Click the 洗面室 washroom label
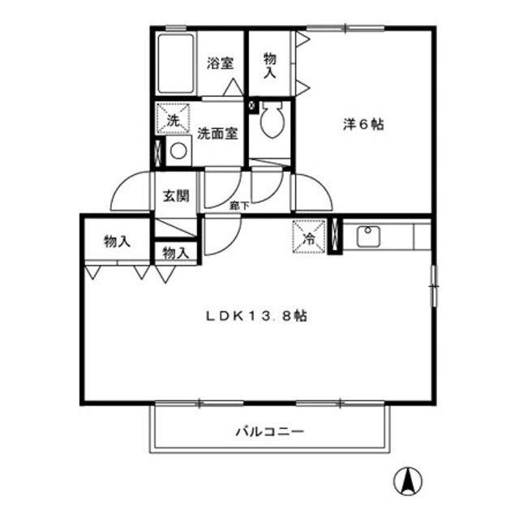(217, 133)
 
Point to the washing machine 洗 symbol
(173, 120)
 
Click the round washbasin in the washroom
(178, 151)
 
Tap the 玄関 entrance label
(175, 195)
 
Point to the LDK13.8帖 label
(255, 316)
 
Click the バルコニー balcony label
(269, 431)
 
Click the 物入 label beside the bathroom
(270, 65)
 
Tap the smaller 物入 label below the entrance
(176, 253)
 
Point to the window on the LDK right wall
(432, 285)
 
